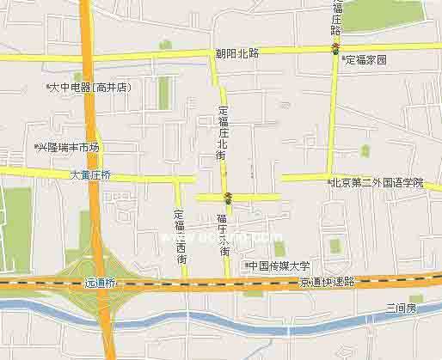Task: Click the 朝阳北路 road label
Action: point(236,53)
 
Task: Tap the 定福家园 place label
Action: point(368,60)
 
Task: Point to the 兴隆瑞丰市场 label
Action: point(70,148)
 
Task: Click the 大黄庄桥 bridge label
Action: point(90,174)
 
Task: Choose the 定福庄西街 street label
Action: point(181,236)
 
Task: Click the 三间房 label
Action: point(401,307)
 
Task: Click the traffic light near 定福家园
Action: point(335,47)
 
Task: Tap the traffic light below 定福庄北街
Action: point(227,197)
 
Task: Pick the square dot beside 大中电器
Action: point(48,87)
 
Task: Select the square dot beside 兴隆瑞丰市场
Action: point(35,148)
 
